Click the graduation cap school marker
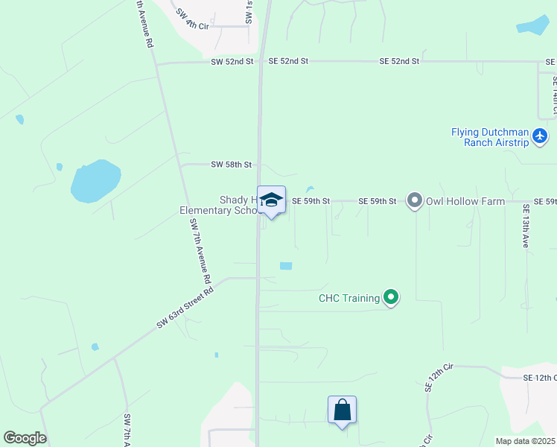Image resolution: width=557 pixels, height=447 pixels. click(x=271, y=200)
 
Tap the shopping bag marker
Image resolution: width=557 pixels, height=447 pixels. click(x=342, y=410)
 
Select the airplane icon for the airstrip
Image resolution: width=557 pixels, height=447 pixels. click(x=540, y=136)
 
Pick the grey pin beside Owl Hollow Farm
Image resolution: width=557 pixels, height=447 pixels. click(x=415, y=200)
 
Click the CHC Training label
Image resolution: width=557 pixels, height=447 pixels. click(x=349, y=299)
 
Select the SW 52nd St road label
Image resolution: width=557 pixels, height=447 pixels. click(x=232, y=61)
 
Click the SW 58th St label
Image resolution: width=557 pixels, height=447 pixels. click(x=232, y=164)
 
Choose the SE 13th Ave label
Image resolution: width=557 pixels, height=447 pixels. click(x=526, y=226)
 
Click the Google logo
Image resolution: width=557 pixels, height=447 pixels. click(x=25, y=438)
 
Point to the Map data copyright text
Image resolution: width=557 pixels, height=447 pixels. click(x=525, y=441)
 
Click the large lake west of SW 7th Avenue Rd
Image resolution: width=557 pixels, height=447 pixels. click(x=95, y=181)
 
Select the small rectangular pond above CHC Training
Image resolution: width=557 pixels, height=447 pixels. click(x=285, y=265)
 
